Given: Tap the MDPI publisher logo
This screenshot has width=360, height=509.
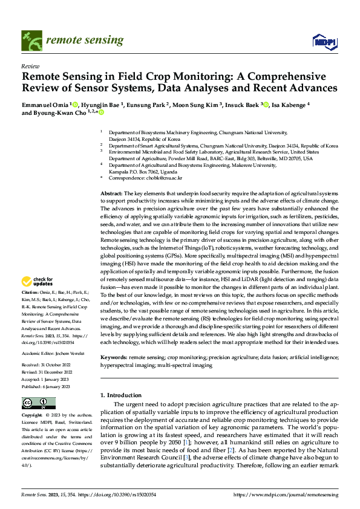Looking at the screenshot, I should pos(324,41).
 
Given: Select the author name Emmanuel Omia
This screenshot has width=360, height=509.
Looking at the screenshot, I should pos(45,104).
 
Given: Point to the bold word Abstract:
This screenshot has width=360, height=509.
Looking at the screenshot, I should pos(112,192).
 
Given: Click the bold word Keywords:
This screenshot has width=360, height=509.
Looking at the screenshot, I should pos(114,357).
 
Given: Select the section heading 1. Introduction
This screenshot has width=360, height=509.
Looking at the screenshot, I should pos(120,395).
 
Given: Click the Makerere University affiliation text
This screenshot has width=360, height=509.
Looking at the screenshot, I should pos(196,164).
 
